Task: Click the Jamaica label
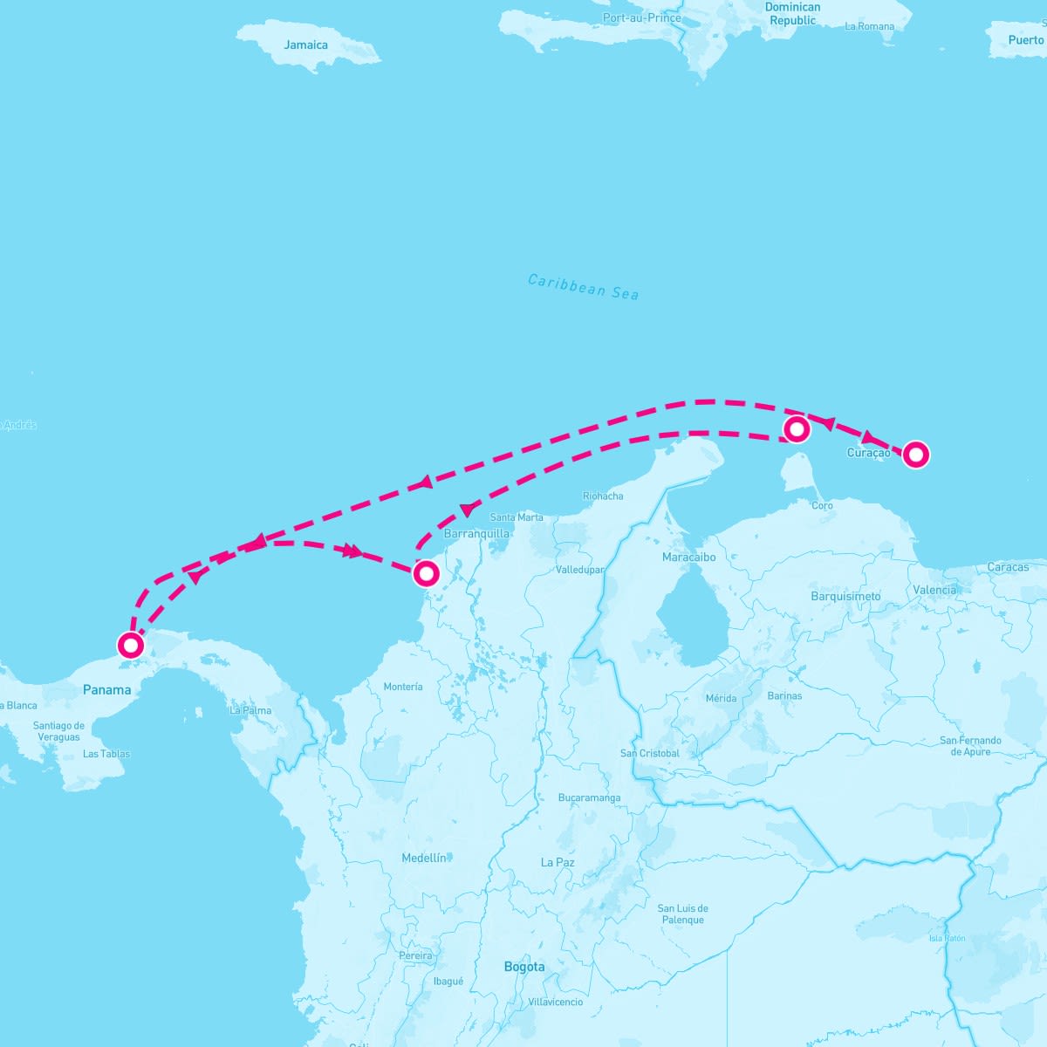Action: click(x=305, y=44)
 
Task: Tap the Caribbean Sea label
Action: click(x=583, y=287)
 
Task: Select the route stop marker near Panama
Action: click(x=131, y=645)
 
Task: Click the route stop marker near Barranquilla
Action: click(x=426, y=573)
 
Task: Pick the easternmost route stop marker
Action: click(x=915, y=455)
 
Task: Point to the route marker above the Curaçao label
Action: click(x=797, y=428)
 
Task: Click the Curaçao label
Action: click(x=868, y=453)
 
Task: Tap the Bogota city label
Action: click(x=524, y=967)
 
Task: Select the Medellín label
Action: click(x=424, y=858)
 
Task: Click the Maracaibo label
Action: click(x=688, y=557)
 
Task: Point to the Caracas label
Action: click(x=1008, y=567)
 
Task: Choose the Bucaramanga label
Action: click(x=590, y=797)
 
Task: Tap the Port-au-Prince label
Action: click(x=641, y=17)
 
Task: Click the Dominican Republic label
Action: click(x=792, y=13)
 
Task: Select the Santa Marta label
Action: click(x=517, y=517)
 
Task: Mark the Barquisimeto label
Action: click(x=845, y=596)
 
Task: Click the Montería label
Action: click(x=403, y=687)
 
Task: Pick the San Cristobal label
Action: click(x=649, y=753)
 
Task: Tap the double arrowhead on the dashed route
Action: click(x=352, y=551)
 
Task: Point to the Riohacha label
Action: click(x=603, y=496)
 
